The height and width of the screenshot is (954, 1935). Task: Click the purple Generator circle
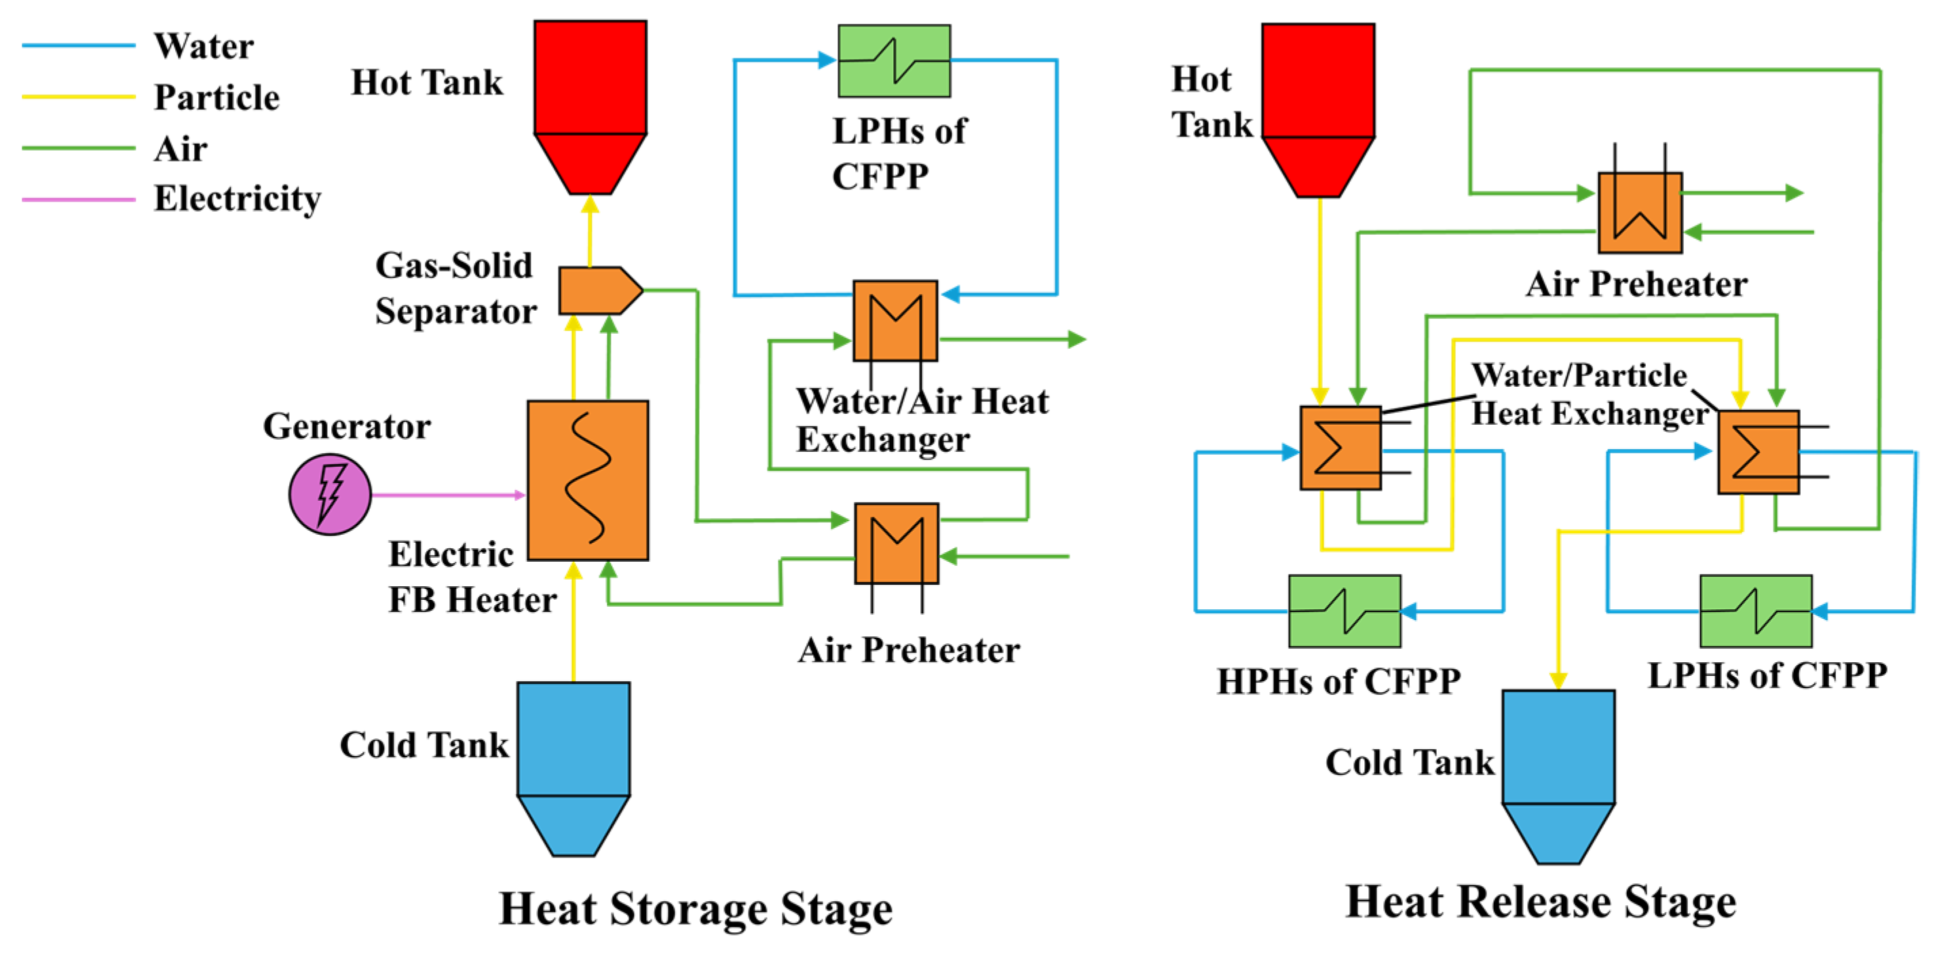coord(330,494)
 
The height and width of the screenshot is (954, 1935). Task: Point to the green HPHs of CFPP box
coord(1344,611)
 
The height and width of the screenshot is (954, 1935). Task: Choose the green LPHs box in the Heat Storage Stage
coord(894,61)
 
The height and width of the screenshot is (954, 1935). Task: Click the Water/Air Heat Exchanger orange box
coord(895,321)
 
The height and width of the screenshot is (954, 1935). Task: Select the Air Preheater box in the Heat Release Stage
coord(1640,212)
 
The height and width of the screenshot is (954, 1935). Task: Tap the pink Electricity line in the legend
coord(78,199)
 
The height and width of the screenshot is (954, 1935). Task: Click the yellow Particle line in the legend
coord(78,97)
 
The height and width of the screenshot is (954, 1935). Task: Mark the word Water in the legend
coord(204,47)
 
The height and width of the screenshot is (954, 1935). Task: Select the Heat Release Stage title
coord(1541,902)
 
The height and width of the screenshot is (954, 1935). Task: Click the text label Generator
coord(346,426)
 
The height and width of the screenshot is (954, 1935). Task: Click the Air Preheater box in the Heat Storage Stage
coord(896,543)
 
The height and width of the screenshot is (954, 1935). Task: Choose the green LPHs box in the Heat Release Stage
coord(1755,611)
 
